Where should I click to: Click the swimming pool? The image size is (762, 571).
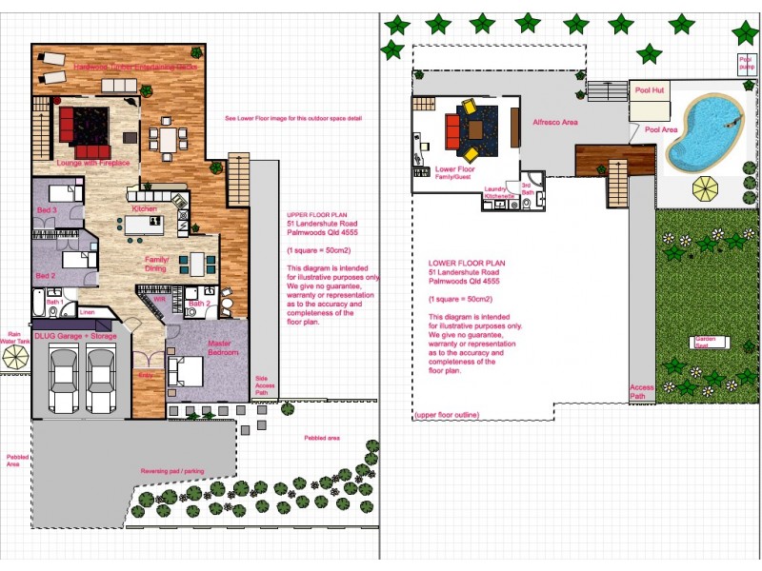706,131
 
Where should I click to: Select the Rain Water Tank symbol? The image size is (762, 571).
14,356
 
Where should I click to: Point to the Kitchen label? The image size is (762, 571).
144,208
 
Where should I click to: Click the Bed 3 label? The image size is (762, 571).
48,209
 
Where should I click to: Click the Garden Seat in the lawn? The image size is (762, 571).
706,343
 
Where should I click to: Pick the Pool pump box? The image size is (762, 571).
746,64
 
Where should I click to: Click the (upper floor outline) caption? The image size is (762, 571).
446,415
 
